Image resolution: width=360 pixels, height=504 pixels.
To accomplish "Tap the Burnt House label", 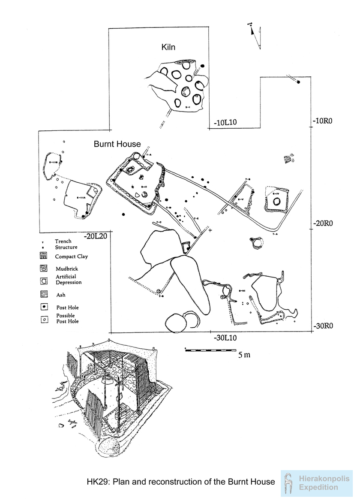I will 117,144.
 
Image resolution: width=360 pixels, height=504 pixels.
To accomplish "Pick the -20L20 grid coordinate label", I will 96,235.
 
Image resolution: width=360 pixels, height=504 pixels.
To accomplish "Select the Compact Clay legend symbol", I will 43,257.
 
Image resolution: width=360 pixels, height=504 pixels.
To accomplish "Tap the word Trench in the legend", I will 63,241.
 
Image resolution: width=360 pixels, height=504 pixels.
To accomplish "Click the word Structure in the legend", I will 66,247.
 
